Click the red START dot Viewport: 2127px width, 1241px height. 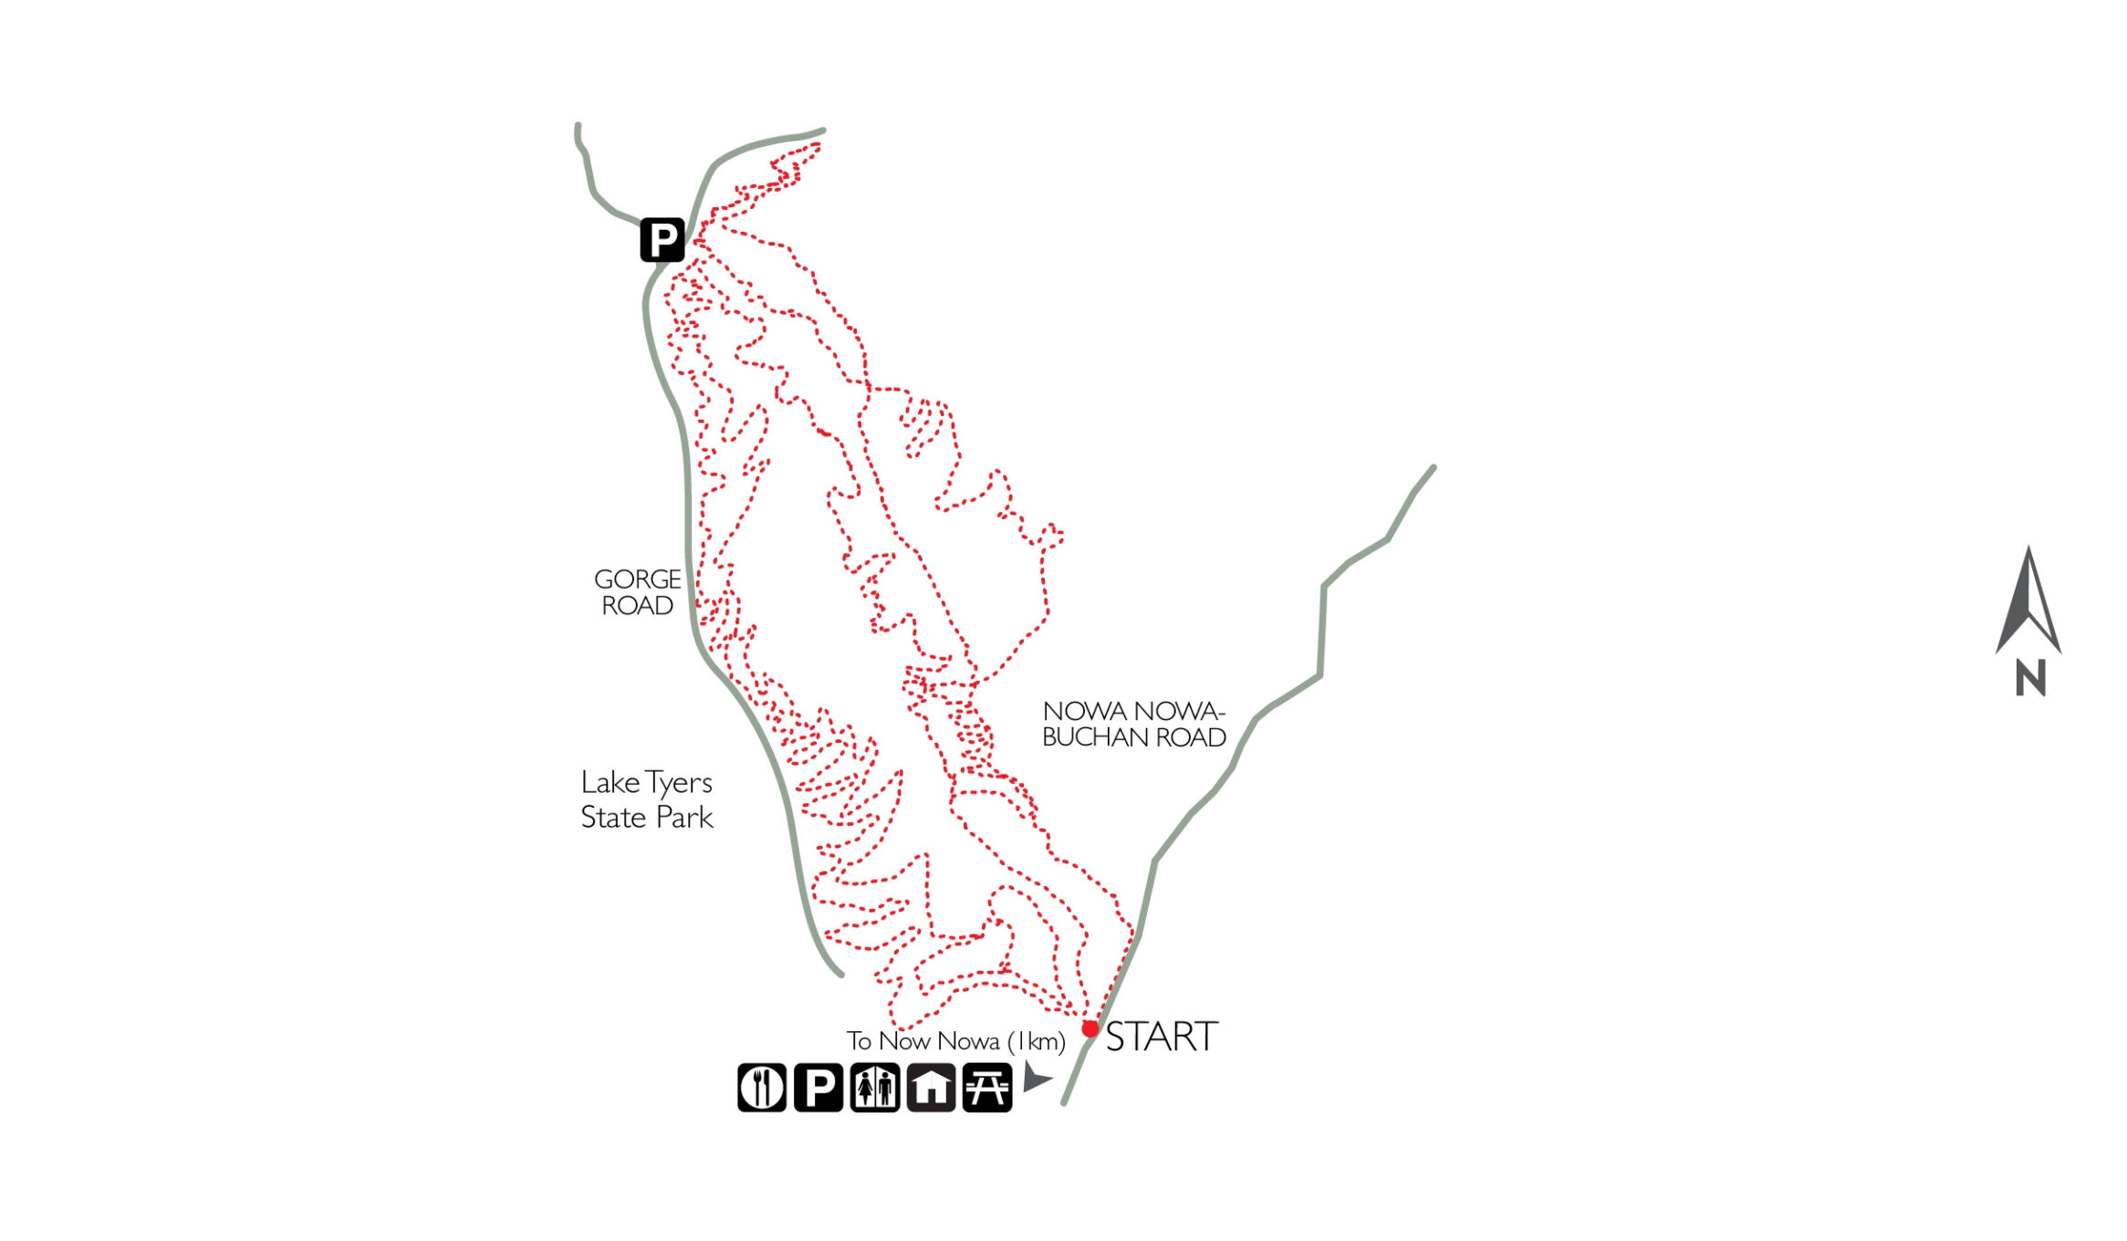[x=1090, y=1028]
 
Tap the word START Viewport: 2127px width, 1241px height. [x=1162, y=1038]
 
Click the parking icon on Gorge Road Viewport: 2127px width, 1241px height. [x=662, y=240]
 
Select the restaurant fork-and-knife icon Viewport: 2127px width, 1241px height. [x=761, y=1087]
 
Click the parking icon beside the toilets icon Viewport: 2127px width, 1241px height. [x=818, y=1087]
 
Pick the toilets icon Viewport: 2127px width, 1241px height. [x=874, y=1087]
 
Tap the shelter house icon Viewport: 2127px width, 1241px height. [x=931, y=1087]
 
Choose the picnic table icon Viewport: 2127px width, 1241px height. [x=987, y=1087]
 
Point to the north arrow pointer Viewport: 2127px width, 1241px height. [x=2028, y=602]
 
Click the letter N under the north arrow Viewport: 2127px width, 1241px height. [x=2030, y=678]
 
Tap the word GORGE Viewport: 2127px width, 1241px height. [x=637, y=579]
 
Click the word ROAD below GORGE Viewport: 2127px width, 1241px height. [x=637, y=606]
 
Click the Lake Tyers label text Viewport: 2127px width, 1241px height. [x=646, y=783]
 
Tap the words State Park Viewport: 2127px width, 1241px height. [x=646, y=818]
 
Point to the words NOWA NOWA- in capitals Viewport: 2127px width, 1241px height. [x=1132, y=711]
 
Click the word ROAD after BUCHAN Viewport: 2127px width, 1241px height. [x=1191, y=737]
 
